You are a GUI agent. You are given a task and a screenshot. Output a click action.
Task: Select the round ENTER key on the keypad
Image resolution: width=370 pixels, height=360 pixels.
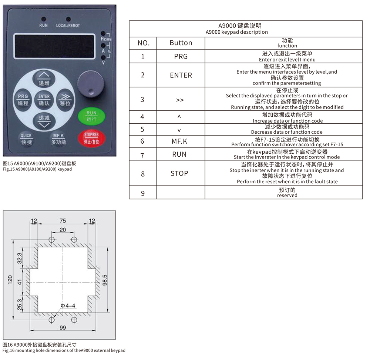[44, 100]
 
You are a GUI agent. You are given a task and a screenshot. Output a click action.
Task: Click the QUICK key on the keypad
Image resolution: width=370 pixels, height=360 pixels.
[26, 139]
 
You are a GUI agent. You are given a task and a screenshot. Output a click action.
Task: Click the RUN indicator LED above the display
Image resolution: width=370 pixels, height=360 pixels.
[43, 19]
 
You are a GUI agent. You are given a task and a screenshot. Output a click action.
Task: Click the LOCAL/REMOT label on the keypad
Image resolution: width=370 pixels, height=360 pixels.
[68, 26]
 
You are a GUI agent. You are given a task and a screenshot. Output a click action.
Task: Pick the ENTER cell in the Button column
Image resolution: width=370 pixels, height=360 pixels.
[181, 75]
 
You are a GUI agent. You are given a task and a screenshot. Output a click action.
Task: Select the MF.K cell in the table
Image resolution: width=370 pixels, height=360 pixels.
[181, 141]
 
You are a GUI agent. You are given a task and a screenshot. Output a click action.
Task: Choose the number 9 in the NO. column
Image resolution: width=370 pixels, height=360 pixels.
[143, 193]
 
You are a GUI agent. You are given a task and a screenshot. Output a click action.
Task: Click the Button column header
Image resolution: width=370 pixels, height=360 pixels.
[181, 43]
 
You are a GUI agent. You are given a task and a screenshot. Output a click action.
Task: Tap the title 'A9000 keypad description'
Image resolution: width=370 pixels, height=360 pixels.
[237, 32]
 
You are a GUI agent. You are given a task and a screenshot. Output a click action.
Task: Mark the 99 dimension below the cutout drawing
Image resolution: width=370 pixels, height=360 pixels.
[63, 328]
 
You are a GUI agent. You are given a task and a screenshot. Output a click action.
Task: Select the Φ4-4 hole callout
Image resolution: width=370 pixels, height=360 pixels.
[68, 306]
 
